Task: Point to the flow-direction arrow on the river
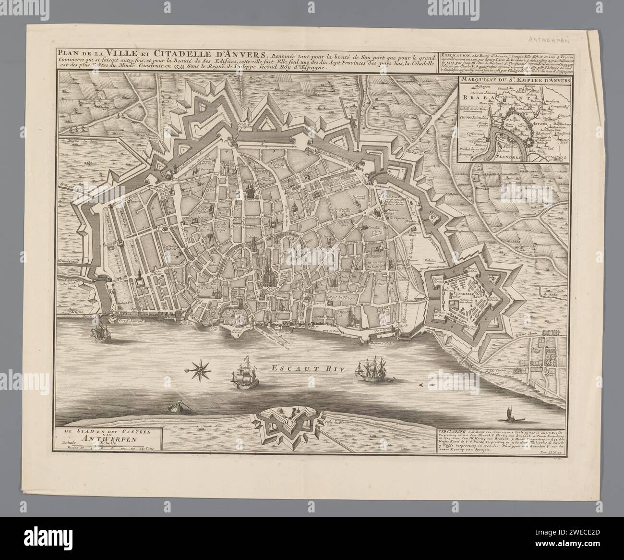point(427,385)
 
